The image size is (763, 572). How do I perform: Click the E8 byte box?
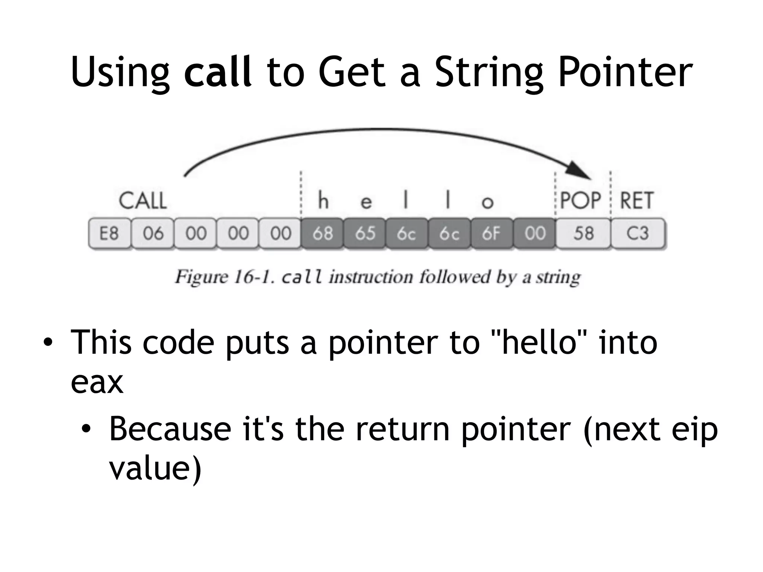pyautogui.click(x=109, y=233)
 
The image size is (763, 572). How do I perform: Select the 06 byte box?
pyautogui.click(x=152, y=233)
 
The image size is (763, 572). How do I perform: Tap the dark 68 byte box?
pyautogui.click(x=322, y=233)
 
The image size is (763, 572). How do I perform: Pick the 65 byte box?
pyautogui.click(x=365, y=233)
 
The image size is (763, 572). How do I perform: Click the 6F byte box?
pyautogui.click(x=491, y=233)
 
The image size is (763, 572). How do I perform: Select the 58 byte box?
pyautogui.click(x=583, y=233)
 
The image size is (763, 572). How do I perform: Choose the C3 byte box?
pyautogui.click(x=637, y=233)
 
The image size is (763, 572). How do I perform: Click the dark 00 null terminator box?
pyautogui.click(x=535, y=233)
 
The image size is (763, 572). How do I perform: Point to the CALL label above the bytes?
pyautogui.click(x=143, y=201)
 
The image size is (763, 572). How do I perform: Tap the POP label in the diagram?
pyautogui.click(x=580, y=201)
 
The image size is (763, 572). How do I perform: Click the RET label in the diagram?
pyautogui.click(x=636, y=201)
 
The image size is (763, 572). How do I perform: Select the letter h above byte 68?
pyautogui.click(x=323, y=201)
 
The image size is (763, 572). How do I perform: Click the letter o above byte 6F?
pyautogui.click(x=487, y=202)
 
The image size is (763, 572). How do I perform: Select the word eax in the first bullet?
pyautogui.click(x=97, y=382)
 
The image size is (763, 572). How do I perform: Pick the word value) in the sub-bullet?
pyautogui.click(x=155, y=468)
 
